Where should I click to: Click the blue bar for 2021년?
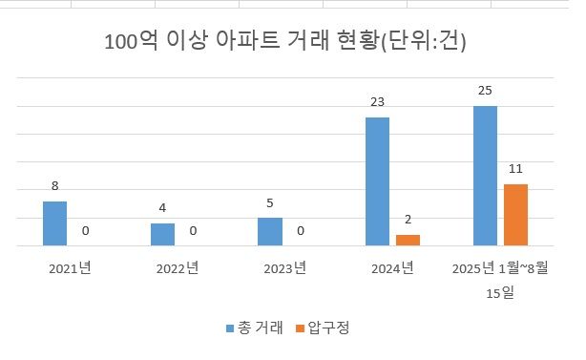[x=54, y=224]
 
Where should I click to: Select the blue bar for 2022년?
[x=162, y=235]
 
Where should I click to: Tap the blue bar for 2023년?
[x=270, y=232]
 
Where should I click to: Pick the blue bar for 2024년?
[x=377, y=181]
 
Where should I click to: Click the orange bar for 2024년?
[x=408, y=241]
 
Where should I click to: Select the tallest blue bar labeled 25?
[x=485, y=176]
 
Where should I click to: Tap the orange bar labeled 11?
[x=515, y=215]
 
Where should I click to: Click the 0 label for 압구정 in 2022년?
[x=193, y=230]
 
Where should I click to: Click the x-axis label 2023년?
[x=284, y=268]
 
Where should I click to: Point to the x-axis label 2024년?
[x=392, y=268]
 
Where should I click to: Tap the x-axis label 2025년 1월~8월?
[x=500, y=268]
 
